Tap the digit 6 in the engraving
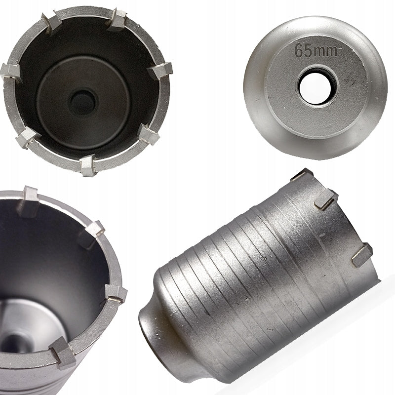coord(299,50)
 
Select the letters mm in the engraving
coord(326,51)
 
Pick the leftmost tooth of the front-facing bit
coord(10,72)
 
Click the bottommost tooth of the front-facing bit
coord(88,165)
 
